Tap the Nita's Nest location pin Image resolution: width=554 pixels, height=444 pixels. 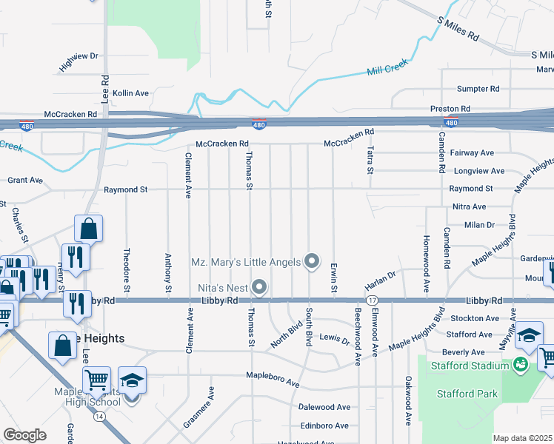(x=259, y=286)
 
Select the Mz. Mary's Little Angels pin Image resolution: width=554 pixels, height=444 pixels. (x=312, y=261)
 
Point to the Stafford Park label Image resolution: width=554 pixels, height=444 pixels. (x=468, y=394)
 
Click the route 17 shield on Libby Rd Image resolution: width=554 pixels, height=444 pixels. (x=372, y=300)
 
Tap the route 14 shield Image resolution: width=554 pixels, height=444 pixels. (x=99, y=417)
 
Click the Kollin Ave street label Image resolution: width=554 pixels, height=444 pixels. (x=130, y=93)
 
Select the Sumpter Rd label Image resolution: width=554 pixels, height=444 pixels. (x=478, y=89)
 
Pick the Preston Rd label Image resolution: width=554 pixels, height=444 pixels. (x=450, y=109)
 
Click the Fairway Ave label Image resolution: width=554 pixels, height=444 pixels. (x=473, y=152)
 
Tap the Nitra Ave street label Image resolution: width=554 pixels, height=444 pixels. (x=469, y=206)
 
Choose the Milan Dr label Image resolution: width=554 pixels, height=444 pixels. (x=479, y=224)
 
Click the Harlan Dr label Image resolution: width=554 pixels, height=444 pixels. (x=380, y=283)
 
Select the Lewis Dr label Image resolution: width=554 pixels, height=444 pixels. (x=334, y=340)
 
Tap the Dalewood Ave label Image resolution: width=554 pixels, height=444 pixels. (x=324, y=407)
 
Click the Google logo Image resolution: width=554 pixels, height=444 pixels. (x=24, y=435)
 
